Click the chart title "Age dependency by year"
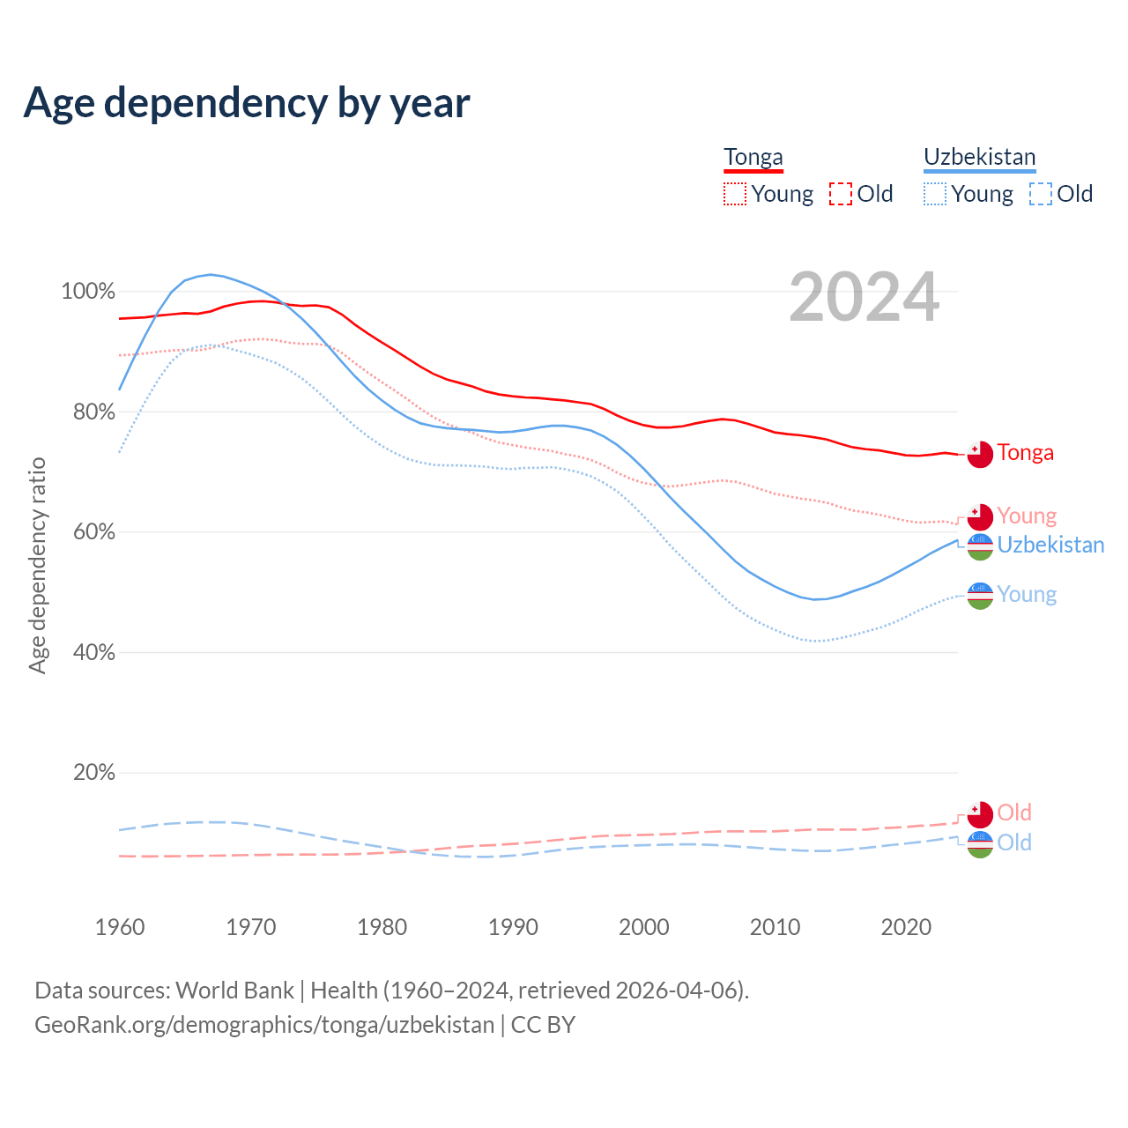(x=247, y=102)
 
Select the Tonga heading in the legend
(x=753, y=158)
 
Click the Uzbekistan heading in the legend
(x=979, y=158)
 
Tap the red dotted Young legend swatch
(x=735, y=194)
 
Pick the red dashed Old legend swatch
(x=841, y=194)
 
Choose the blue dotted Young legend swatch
(x=935, y=194)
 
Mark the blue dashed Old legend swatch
(x=1041, y=194)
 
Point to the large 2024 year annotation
(x=864, y=297)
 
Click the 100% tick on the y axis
(x=88, y=291)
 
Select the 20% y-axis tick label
(x=94, y=773)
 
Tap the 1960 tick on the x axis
(x=120, y=927)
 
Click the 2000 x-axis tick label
(x=644, y=927)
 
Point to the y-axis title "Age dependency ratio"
(x=37, y=565)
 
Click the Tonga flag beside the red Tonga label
(x=980, y=454)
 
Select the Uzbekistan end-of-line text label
(x=1050, y=545)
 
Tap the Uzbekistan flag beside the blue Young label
(x=980, y=596)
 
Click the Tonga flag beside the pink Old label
(x=980, y=813)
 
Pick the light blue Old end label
(x=1014, y=842)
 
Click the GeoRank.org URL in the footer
(x=264, y=1025)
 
